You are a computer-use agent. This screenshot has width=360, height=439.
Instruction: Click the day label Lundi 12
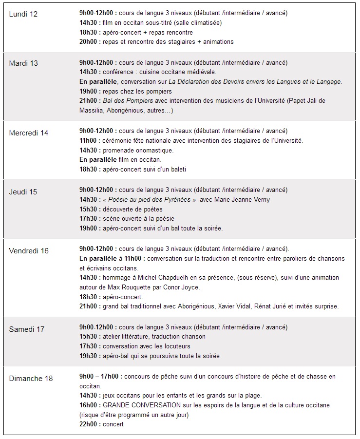23,14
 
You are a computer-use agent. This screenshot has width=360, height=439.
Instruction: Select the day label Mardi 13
23,63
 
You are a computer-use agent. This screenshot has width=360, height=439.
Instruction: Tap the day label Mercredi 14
29,133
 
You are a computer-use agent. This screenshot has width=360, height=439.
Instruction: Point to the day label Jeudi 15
23,191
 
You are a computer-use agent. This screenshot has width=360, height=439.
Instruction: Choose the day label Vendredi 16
29,250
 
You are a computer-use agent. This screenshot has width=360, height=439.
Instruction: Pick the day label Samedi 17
27,329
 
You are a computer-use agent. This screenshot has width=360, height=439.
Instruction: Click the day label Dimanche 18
31,378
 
